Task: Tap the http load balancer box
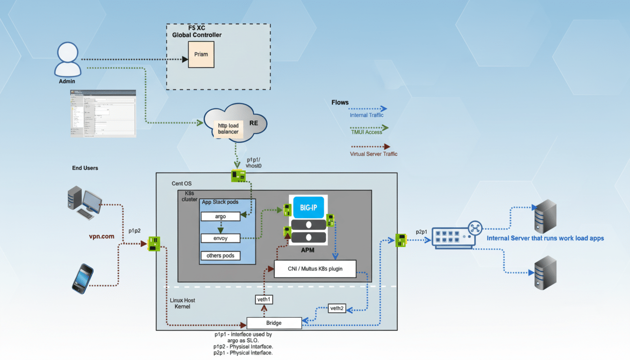pos(228,128)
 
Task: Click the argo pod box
pos(220,217)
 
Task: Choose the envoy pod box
pos(220,238)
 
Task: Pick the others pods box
pos(220,255)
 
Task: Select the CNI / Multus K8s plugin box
pos(315,269)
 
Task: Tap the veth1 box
pos(264,299)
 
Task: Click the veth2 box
pos(337,308)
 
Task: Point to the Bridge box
pos(274,323)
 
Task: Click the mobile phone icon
pos(82,278)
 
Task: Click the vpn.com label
pos(102,236)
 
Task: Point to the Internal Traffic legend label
pos(366,115)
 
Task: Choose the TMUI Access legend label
pos(366,132)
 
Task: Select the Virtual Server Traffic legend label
pos(374,154)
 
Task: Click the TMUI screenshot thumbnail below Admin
pos(103,113)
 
